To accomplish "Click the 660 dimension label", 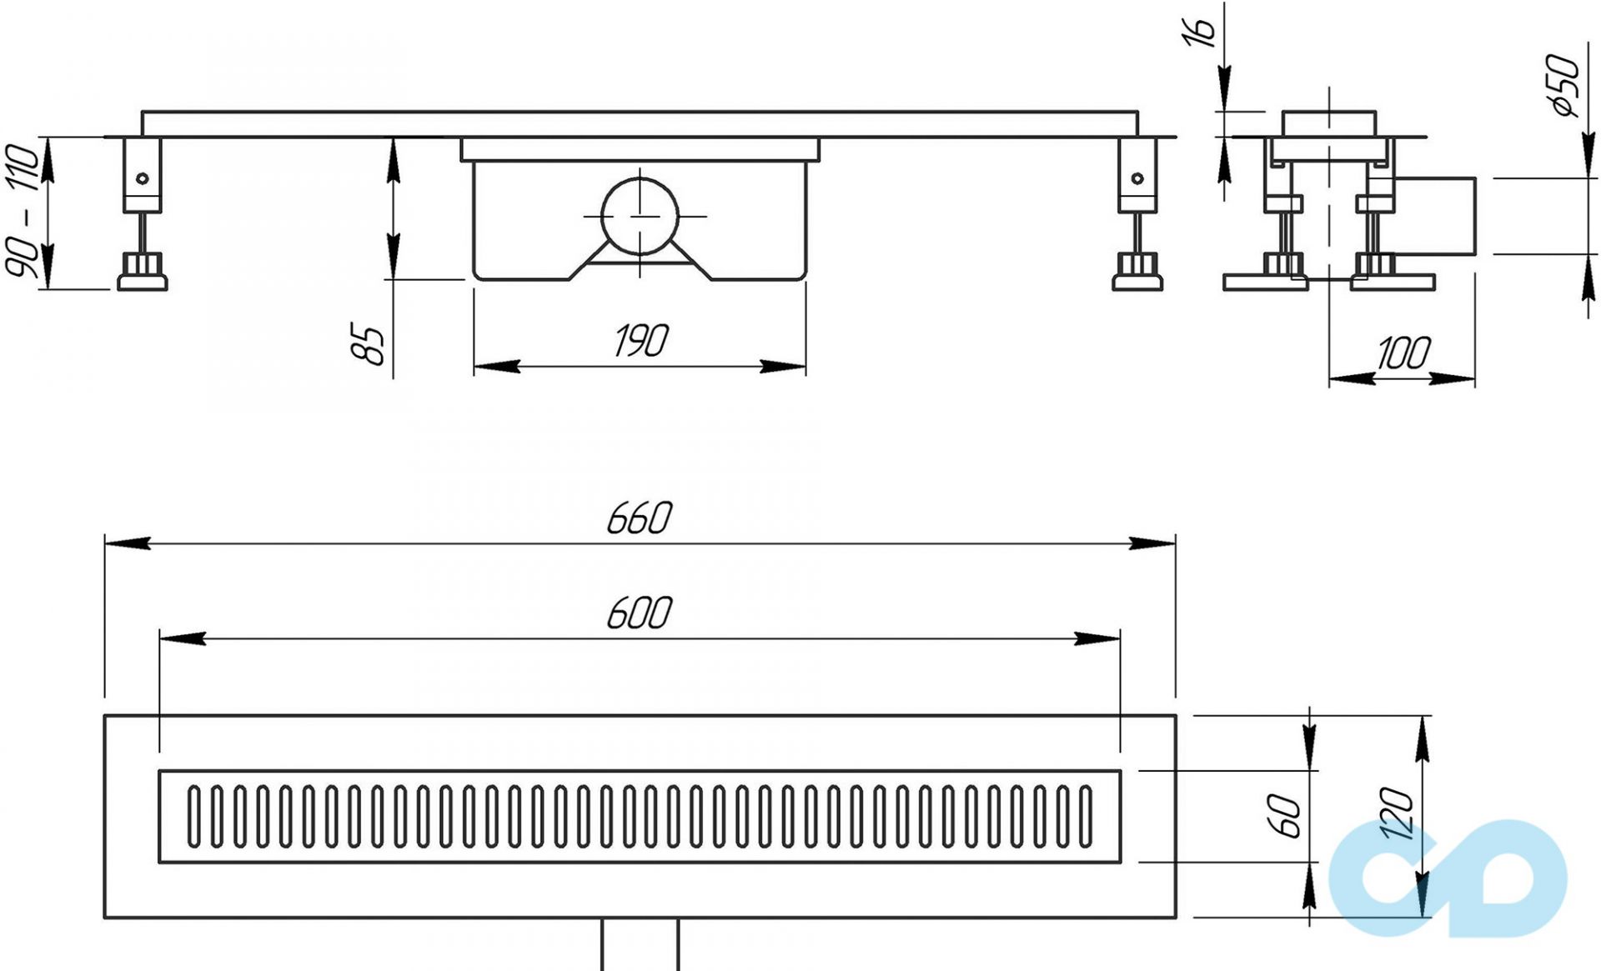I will [x=639, y=518].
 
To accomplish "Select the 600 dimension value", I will [x=639, y=613].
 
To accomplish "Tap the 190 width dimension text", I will [x=640, y=341].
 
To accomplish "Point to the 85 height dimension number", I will [x=369, y=344].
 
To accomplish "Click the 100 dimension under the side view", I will [x=1403, y=353].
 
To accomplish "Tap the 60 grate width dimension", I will [x=1285, y=816].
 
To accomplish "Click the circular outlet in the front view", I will [x=640, y=216].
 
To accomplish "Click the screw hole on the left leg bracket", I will [x=143, y=178].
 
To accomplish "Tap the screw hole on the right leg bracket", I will [x=1137, y=178].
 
